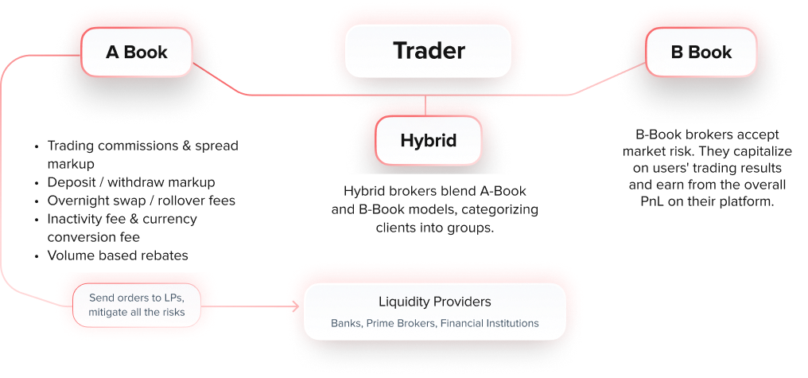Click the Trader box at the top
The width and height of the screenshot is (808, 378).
click(x=428, y=51)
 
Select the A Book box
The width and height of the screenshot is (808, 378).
click(x=137, y=53)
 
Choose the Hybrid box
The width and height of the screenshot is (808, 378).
click(x=428, y=141)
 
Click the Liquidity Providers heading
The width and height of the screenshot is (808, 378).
click(x=434, y=302)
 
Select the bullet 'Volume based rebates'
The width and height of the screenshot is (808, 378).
click(x=118, y=255)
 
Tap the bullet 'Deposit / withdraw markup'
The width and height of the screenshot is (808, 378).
click(x=131, y=182)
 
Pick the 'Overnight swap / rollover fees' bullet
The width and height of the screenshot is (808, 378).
click(x=141, y=201)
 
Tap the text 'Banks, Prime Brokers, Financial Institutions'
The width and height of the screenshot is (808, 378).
click(x=434, y=324)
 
